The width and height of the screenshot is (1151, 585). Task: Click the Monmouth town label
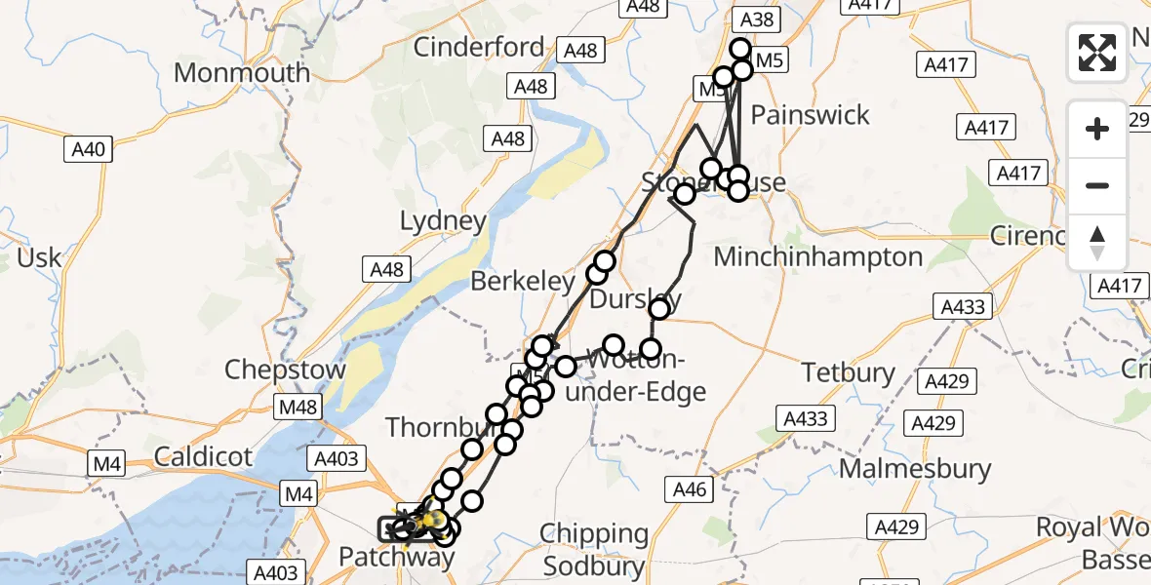[242, 73]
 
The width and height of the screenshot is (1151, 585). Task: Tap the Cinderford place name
[479, 47]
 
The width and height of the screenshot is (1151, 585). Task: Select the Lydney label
[443, 221]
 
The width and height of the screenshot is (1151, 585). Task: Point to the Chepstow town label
[285, 370]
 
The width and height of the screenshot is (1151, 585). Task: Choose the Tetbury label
[848, 372]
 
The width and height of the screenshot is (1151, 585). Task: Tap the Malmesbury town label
[915, 469]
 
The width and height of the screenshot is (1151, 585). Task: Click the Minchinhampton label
[818, 257]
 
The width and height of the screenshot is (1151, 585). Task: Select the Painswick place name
[810, 115]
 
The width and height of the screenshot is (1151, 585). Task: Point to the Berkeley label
[522, 282]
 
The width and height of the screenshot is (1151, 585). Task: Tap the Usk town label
[39, 258]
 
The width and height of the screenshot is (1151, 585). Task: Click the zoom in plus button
[1097, 129]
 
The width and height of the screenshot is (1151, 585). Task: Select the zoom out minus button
[1097, 185]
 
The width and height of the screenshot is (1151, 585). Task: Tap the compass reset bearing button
[1097, 242]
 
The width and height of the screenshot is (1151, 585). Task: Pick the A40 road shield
[89, 149]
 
